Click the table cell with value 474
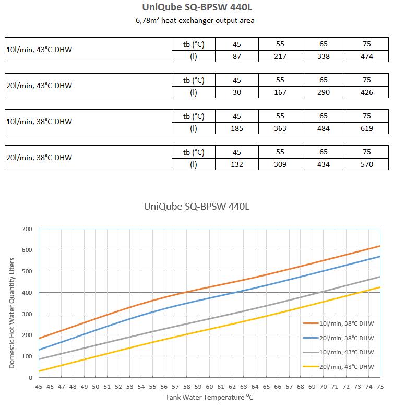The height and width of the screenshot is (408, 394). tap(366, 56)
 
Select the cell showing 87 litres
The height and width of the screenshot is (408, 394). tap(237, 56)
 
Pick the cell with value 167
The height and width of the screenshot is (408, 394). tap(280, 92)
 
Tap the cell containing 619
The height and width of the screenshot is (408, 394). tap(366, 128)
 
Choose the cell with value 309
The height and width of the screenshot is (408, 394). tap(280, 164)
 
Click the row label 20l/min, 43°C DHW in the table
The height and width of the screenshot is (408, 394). tap(39, 86)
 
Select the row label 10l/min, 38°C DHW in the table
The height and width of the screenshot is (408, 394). tap(39, 122)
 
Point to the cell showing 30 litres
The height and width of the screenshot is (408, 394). tap(237, 92)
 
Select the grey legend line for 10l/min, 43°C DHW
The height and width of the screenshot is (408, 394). tap(311, 352)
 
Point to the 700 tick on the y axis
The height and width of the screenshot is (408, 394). tap(27, 229)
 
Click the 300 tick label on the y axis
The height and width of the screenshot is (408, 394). tap(27, 314)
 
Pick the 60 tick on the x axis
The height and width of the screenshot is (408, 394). tap(209, 387)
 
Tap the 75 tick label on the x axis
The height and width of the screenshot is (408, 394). tap(380, 387)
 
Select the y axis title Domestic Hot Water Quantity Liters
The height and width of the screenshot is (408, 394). tap(11, 313)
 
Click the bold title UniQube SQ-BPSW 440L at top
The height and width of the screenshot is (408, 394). tap(197, 7)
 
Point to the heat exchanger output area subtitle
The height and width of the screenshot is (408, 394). tap(195, 20)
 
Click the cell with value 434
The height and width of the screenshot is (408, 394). tap(323, 164)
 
